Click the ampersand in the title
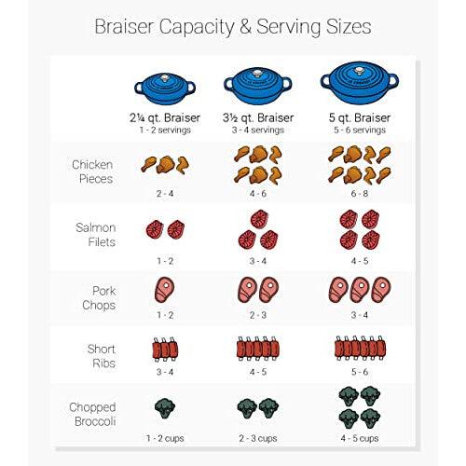pyautogui.click(x=245, y=27)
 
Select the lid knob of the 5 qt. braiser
pyautogui.click(x=360, y=71)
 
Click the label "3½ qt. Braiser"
pyautogui.click(x=258, y=117)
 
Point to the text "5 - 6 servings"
pyautogui.click(x=360, y=130)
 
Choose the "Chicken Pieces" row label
pyautogui.click(x=92, y=171)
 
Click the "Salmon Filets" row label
pyautogui.click(x=96, y=235)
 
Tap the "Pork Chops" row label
pyautogui.click(x=99, y=298)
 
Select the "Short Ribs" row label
pyautogui.click(x=102, y=356)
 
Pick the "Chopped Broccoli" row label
pyautogui.click(x=92, y=414)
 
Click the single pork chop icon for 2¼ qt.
pyautogui.click(x=164, y=290)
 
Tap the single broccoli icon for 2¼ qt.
pyautogui.click(x=165, y=408)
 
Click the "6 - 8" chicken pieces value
pyautogui.click(x=360, y=194)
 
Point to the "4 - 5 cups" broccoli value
pyautogui.click(x=360, y=438)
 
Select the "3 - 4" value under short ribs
pyautogui.click(x=165, y=372)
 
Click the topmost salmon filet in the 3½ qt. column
pyautogui.click(x=259, y=219)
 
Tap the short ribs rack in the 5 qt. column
pyautogui.click(x=360, y=349)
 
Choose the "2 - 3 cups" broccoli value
pyautogui.click(x=258, y=438)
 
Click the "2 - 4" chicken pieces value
pyautogui.click(x=165, y=194)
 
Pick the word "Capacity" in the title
pyautogui.click(x=197, y=27)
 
